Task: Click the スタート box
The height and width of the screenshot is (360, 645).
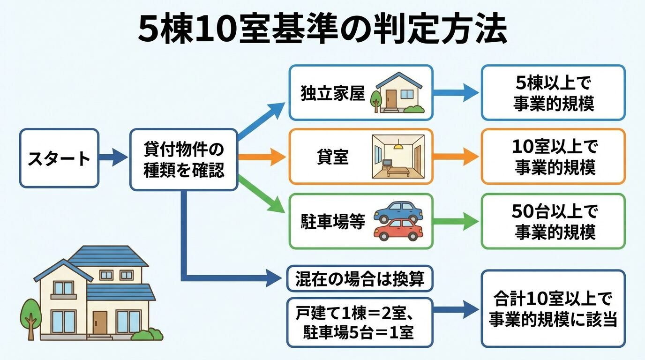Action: click(x=59, y=158)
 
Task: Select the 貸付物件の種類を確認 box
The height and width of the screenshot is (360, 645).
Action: click(x=184, y=159)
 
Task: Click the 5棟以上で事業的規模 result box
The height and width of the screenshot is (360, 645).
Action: click(x=553, y=93)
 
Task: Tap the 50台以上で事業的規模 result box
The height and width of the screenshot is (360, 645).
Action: click(x=553, y=221)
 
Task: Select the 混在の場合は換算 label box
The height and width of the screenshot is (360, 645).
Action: click(x=360, y=279)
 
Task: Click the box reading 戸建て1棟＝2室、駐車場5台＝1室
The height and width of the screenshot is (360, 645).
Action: click(x=360, y=322)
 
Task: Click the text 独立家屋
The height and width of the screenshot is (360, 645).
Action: click(x=332, y=93)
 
